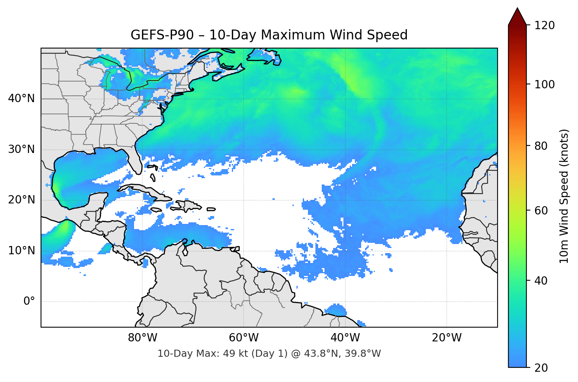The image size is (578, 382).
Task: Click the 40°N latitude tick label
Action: (21, 99)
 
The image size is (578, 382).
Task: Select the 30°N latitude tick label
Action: (21, 149)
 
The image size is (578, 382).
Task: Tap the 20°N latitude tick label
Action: (21, 200)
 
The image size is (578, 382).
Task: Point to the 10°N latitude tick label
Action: (21, 251)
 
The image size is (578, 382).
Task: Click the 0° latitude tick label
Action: (29, 302)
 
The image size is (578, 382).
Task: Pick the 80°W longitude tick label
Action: (142, 338)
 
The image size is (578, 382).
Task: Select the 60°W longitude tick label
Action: (244, 338)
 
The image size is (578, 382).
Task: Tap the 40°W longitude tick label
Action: (345, 338)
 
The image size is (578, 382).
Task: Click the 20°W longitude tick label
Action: (446, 338)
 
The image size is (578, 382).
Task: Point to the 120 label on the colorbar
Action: (544, 25)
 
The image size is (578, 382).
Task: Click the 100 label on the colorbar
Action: (544, 84)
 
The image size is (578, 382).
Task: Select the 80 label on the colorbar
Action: (541, 146)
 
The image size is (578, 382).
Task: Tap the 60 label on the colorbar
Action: (541, 211)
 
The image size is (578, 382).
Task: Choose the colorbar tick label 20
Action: (541, 368)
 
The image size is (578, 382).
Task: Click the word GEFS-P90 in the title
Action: (162, 35)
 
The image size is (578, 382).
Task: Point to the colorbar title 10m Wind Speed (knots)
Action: (564, 196)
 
